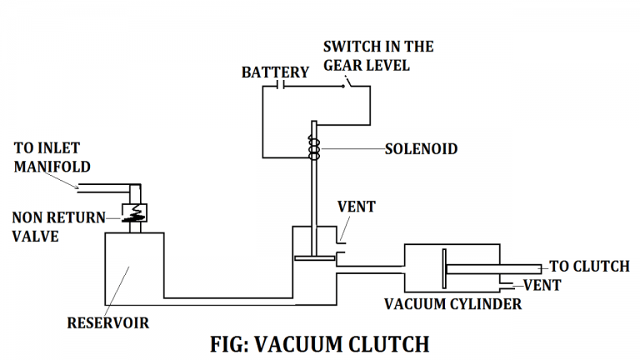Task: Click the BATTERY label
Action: tap(275, 72)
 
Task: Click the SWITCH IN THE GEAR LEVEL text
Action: tap(378, 55)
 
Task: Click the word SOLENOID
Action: tap(421, 150)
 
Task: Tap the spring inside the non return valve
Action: tap(133, 216)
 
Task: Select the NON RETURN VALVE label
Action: tap(58, 226)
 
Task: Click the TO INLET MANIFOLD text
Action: tap(52, 157)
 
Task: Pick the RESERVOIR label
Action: tap(109, 322)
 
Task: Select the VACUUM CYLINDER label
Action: tap(452, 304)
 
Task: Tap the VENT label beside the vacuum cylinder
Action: tap(542, 286)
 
